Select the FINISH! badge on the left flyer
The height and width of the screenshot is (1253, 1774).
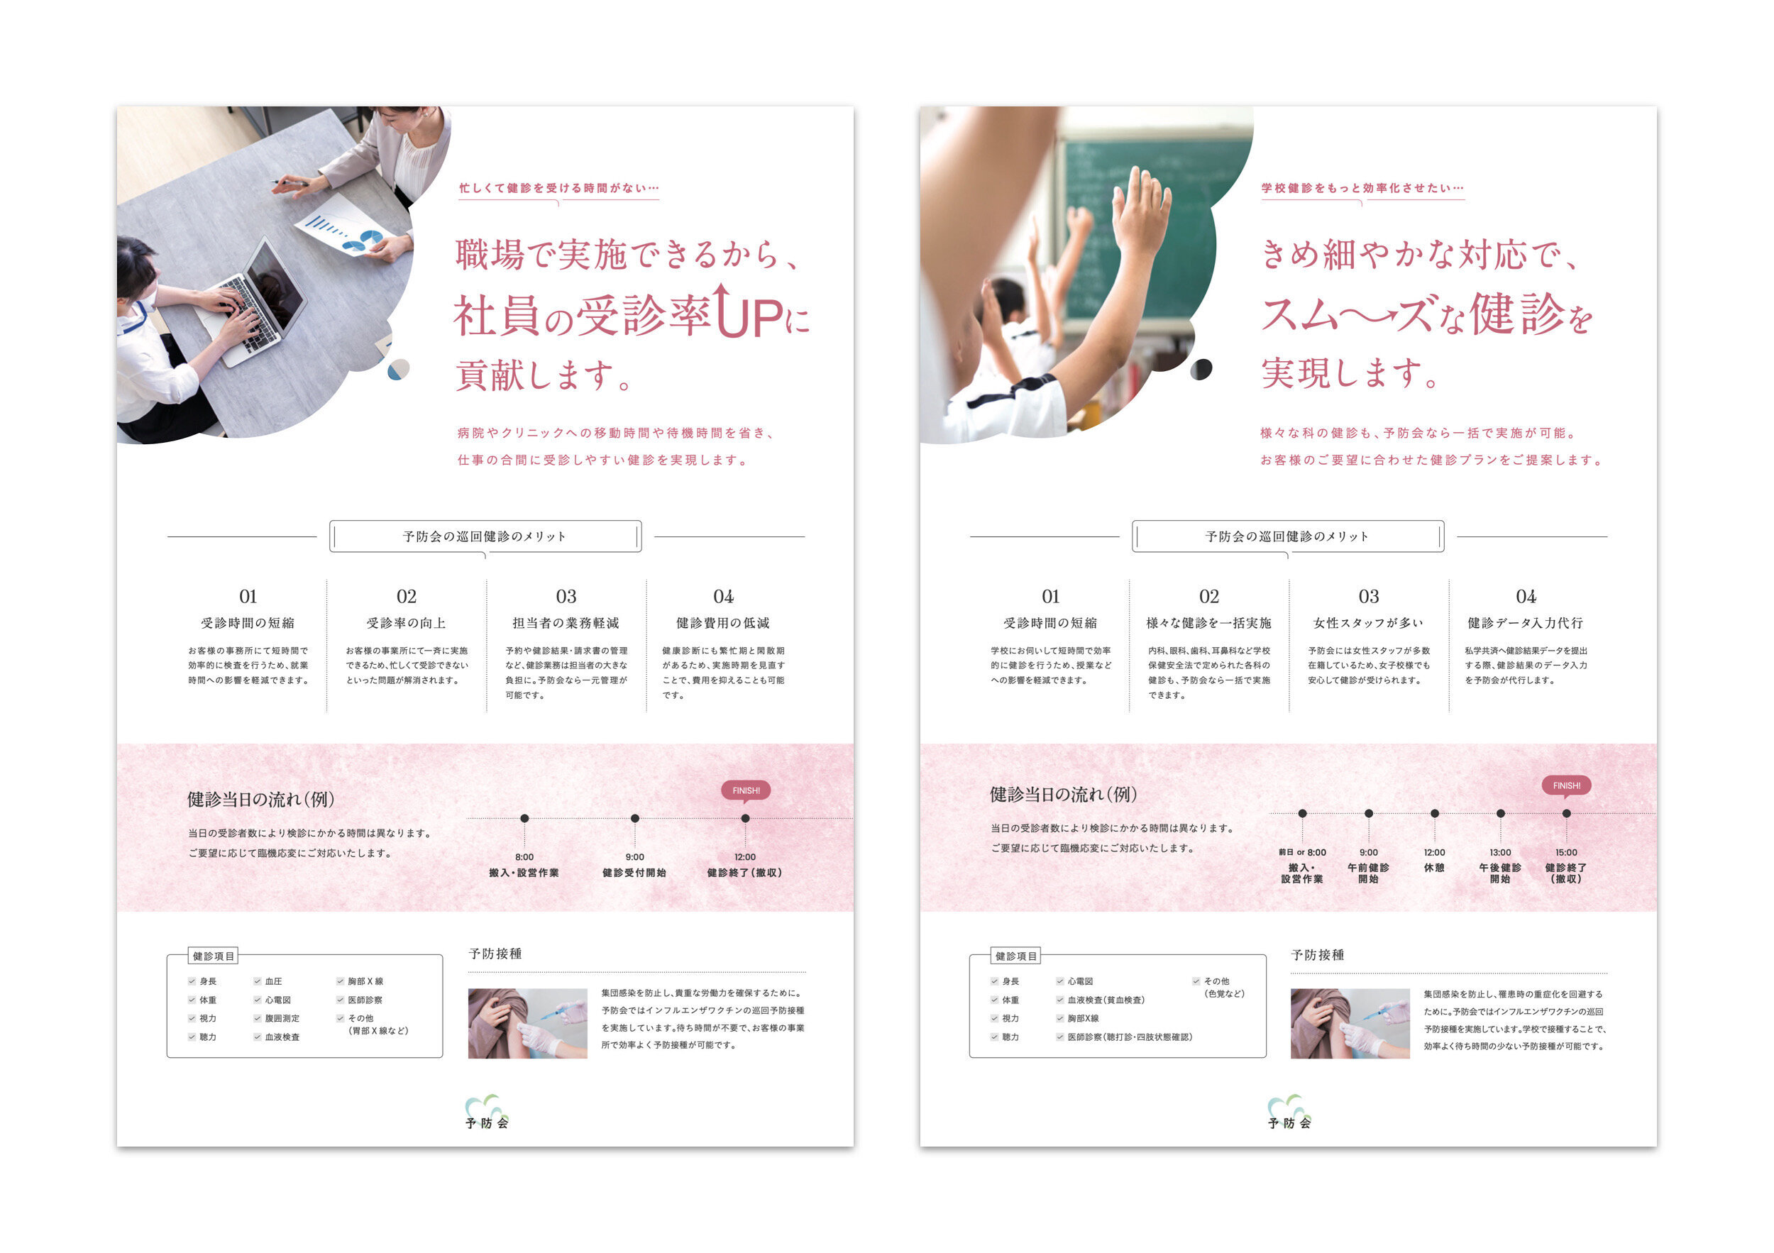746,790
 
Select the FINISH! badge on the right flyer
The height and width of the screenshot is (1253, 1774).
1566,785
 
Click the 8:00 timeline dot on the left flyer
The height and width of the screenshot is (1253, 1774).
524,818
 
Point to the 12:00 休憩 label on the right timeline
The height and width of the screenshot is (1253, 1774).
1434,860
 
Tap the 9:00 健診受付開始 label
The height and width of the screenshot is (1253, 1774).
634,865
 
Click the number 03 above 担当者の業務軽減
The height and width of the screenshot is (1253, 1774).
566,597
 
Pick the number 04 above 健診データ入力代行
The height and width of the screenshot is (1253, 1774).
1526,597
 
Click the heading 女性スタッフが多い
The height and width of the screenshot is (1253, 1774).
1367,623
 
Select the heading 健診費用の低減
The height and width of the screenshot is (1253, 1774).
723,623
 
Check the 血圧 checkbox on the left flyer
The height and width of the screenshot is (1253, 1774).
258,981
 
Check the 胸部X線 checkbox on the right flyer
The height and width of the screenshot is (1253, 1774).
1060,1018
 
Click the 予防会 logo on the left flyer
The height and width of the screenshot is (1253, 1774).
487,1113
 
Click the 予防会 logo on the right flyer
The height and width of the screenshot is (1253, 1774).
1289,1113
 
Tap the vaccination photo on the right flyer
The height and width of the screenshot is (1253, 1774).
1350,1023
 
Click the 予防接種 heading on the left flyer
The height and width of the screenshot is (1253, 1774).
495,954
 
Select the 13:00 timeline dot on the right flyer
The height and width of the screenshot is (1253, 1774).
1501,813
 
